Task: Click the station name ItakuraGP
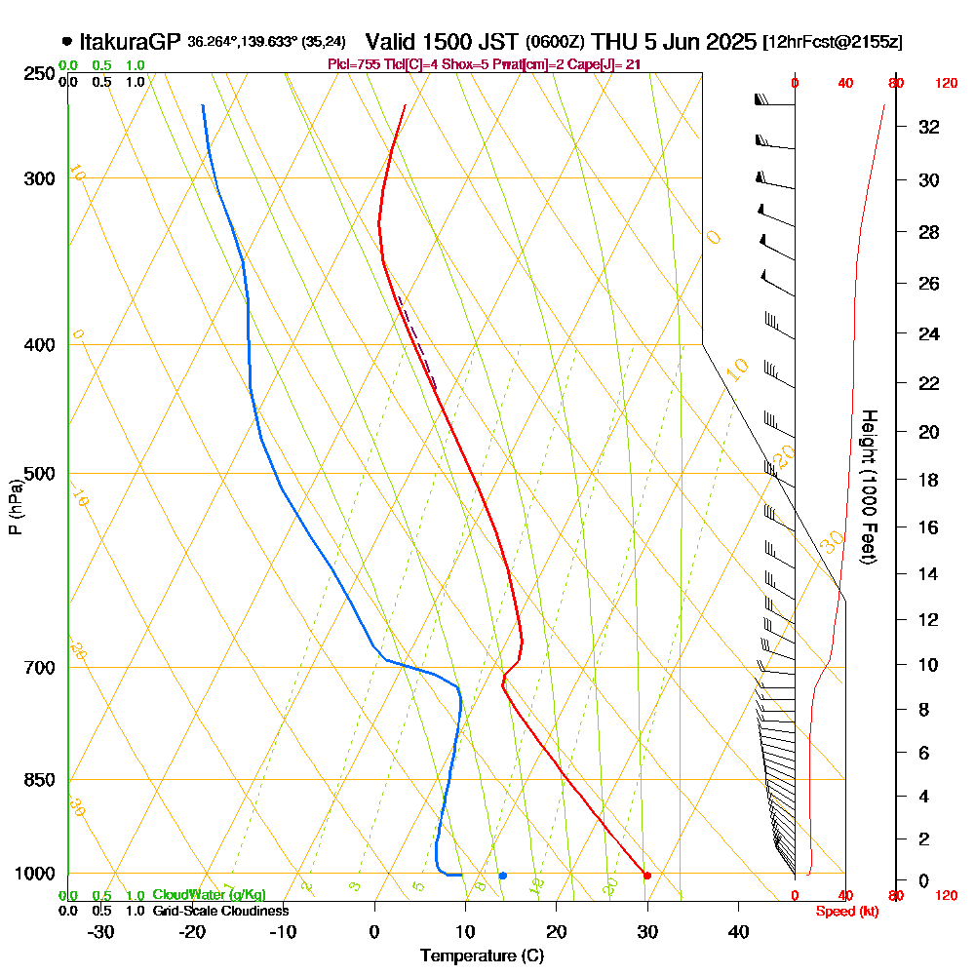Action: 131,42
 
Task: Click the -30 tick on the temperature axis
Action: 101,931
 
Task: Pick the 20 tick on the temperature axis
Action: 557,931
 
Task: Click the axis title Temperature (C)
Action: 482,955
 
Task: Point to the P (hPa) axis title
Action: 15,507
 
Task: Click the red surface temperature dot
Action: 646,876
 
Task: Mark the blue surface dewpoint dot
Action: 502,876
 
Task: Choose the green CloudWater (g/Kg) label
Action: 209,895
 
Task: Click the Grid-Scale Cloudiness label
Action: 220,911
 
